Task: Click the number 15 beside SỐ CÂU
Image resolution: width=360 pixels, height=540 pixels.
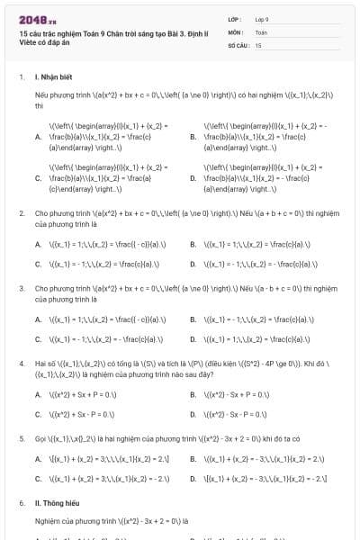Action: point(258,44)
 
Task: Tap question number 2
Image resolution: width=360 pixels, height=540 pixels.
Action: point(22,213)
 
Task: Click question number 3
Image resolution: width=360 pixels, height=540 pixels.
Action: point(22,288)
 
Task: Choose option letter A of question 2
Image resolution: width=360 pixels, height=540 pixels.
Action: point(38,244)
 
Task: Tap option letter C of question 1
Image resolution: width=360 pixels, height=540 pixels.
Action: point(38,177)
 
